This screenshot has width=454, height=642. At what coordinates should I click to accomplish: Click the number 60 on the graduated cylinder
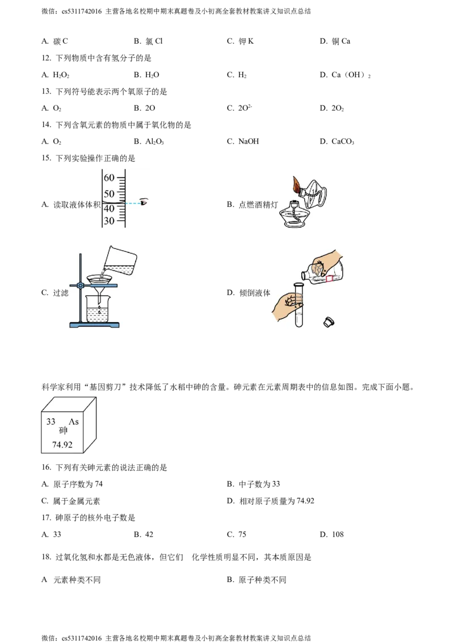pyautogui.click(x=109, y=178)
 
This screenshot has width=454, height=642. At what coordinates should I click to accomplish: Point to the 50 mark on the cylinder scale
pyautogui.click(x=109, y=193)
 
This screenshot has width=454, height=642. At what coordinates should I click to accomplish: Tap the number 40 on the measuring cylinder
pyautogui.click(x=109, y=208)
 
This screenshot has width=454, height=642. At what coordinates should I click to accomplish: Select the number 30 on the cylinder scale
pyautogui.click(x=109, y=221)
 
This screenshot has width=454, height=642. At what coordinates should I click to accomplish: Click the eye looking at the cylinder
pyautogui.click(x=144, y=202)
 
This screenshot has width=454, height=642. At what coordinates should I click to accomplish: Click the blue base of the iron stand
pyautogui.click(x=95, y=325)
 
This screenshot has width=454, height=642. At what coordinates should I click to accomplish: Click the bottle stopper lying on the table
pyautogui.click(x=327, y=322)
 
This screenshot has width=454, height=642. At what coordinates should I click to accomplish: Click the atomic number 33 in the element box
pyautogui.click(x=51, y=423)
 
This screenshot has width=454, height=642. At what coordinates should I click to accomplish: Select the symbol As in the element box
pyautogui.click(x=74, y=423)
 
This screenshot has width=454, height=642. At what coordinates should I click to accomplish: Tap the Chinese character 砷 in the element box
pyautogui.click(x=62, y=432)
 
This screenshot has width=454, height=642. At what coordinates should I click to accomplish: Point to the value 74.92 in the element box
pyautogui.click(x=62, y=445)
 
